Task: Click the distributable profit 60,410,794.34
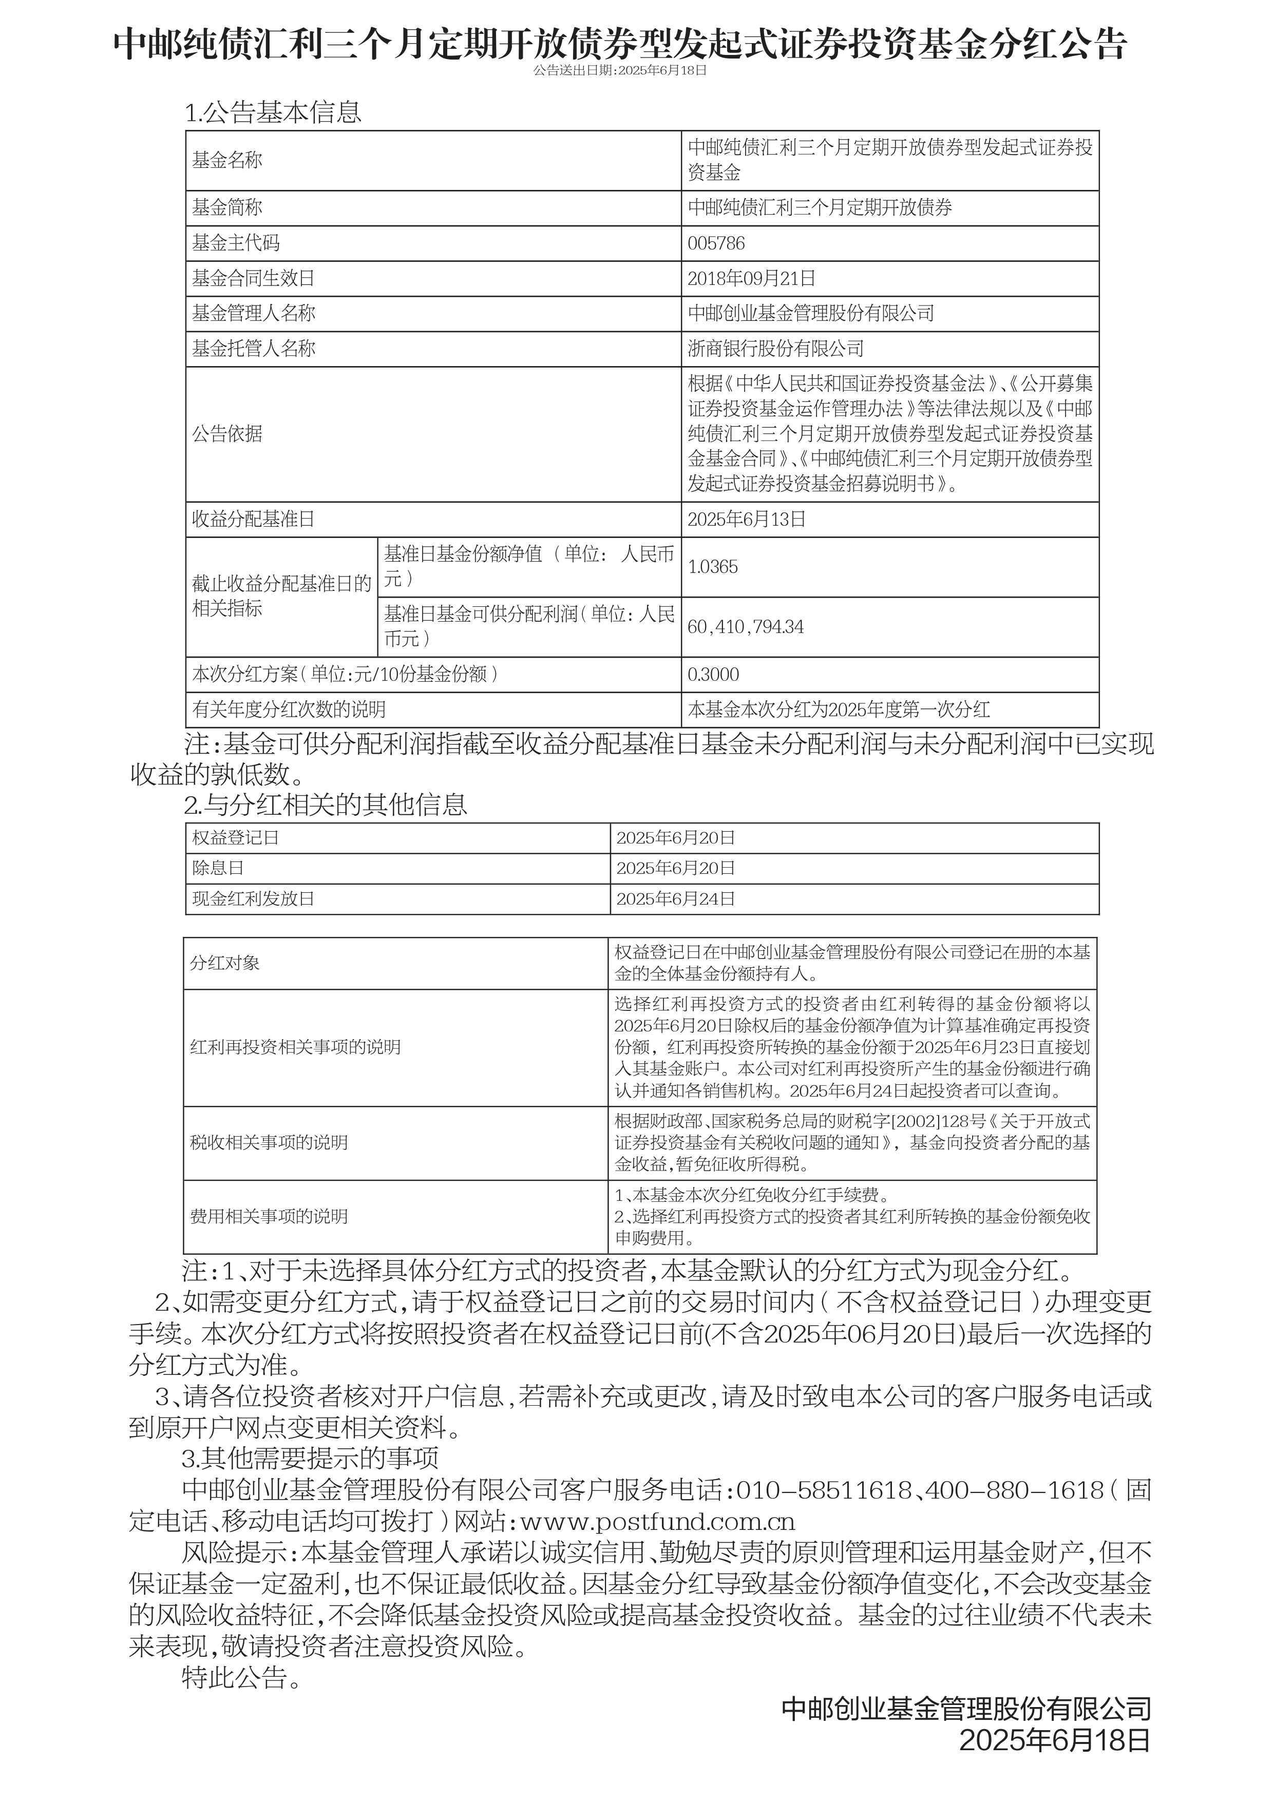pos(745,627)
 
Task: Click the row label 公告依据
pos(227,434)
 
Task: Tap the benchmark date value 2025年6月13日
pos(746,519)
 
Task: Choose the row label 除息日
pos(218,868)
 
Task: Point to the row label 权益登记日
pos(235,838)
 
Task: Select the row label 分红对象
pos(224,963)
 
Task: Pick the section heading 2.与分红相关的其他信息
pos(326,805)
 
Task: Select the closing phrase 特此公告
pos(241,1677)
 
